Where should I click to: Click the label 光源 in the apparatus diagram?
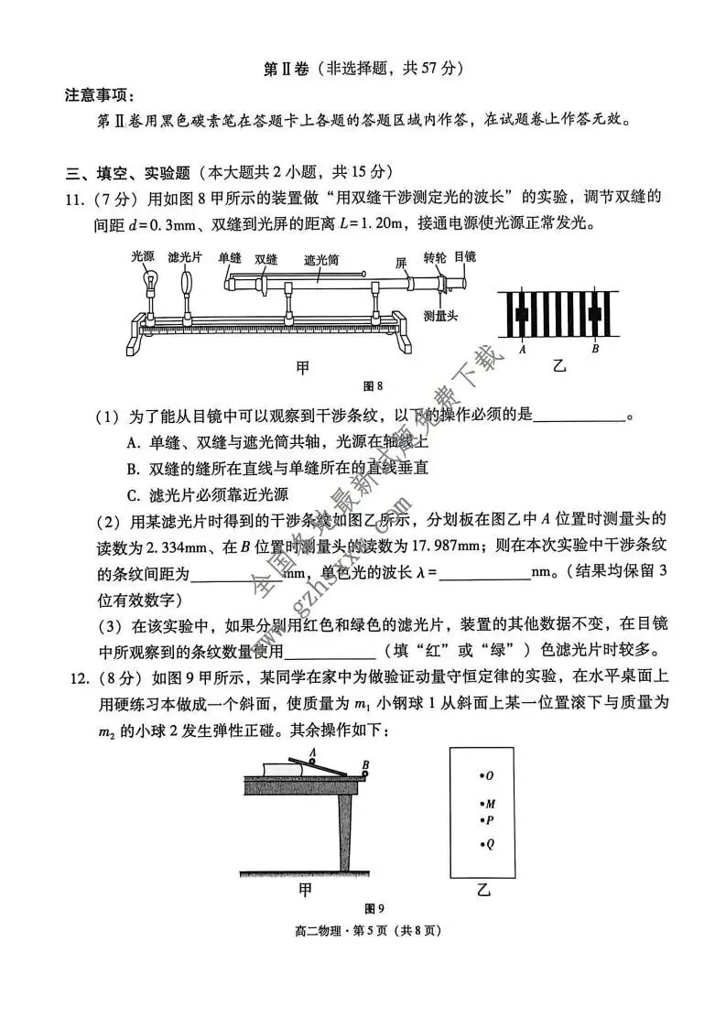143,257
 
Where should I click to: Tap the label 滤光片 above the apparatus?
187,257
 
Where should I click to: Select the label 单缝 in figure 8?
231,259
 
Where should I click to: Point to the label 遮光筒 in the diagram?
320,260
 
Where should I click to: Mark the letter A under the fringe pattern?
521,348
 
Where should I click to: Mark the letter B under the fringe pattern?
595,348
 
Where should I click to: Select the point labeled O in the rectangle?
482,775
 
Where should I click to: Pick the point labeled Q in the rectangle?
482,844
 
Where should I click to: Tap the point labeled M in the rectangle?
482,804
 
